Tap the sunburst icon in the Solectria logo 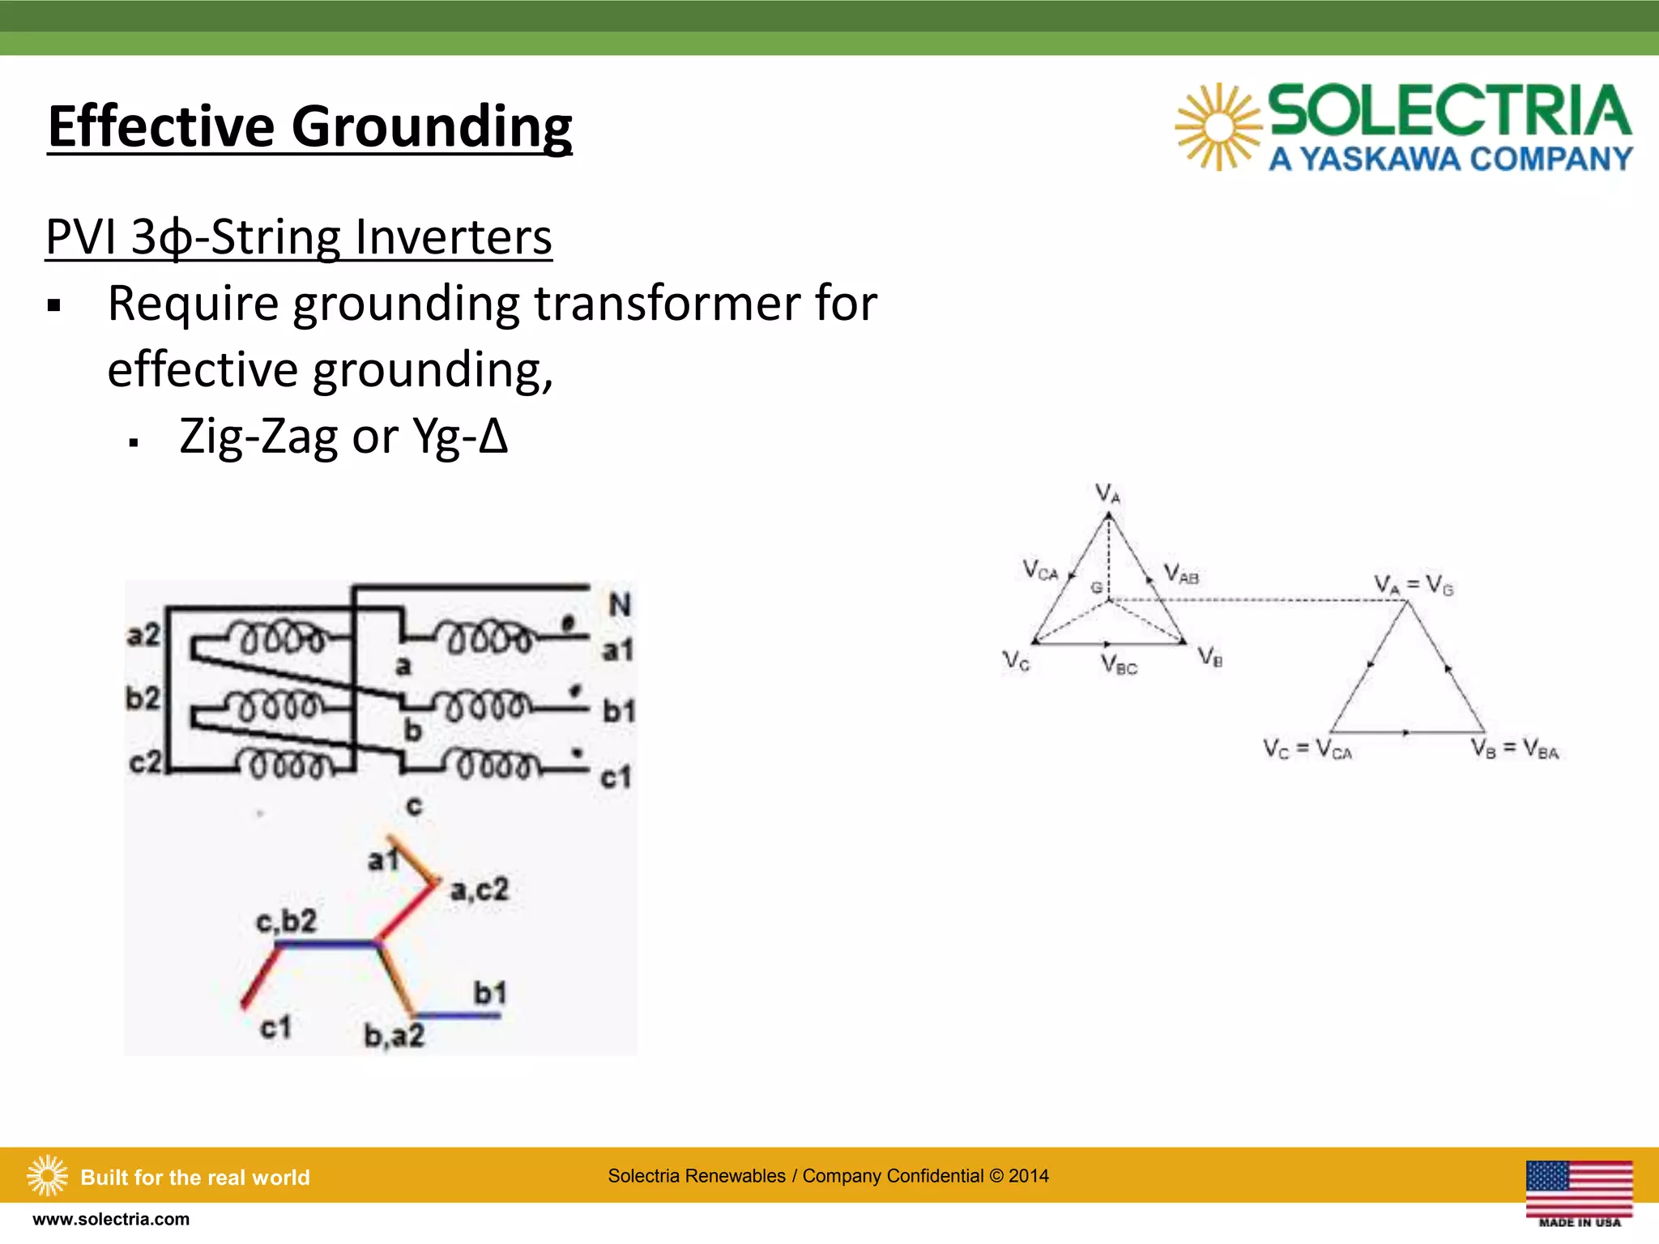[1218, 127]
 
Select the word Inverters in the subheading [454, 237]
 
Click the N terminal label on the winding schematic [619, 604]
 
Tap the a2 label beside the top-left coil [143, 635]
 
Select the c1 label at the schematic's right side [616, 777]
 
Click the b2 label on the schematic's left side [143, 697]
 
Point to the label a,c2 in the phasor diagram [480, 889]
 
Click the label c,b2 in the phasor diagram [285, 921]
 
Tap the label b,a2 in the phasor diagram [394, 1036]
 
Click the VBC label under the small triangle [1119, 666]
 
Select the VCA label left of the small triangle [1040, 570]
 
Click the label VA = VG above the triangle [1414, 585]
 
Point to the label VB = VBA [1515, 749]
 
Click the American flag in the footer [1578, 1188]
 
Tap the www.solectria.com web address [111, 1219]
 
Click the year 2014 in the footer [1028, 1176]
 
